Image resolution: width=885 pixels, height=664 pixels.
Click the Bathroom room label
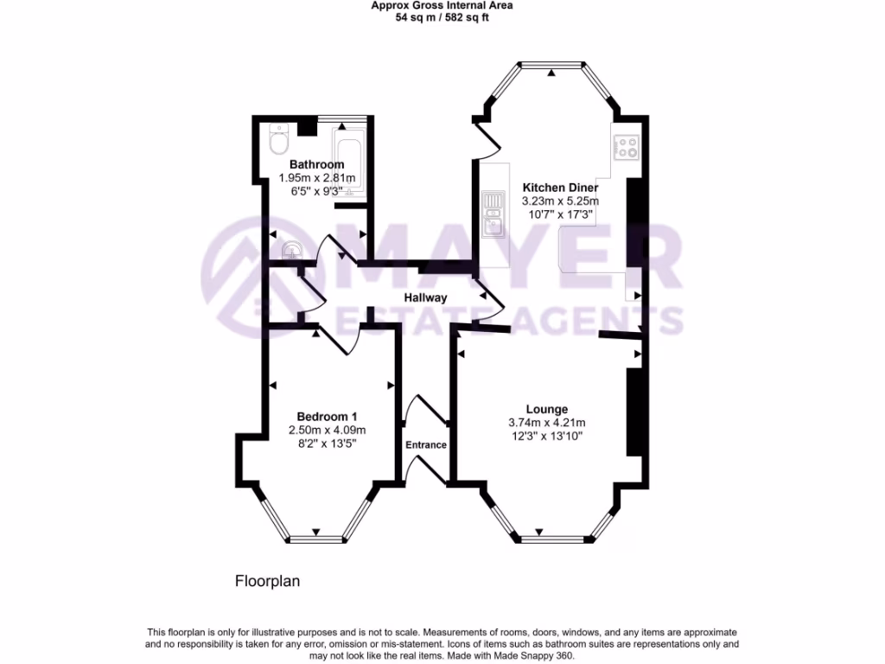pos(316,164)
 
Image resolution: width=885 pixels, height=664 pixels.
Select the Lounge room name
pos(547,409)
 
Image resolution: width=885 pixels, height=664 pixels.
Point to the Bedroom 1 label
pos(327,416)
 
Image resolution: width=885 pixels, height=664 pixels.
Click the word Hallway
pos(426,297)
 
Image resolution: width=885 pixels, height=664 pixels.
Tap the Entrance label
pos(426,445)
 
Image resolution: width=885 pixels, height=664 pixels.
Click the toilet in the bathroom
pos(278,140)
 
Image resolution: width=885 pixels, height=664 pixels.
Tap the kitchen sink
pos(493,226)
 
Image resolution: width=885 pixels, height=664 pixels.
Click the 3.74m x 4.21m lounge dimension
pos(547,423)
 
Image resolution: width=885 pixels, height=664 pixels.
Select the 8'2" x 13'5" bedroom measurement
pos(327,443)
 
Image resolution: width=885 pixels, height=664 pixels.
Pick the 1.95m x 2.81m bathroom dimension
pos(316,178)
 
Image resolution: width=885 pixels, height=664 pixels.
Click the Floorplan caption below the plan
pos(267,582)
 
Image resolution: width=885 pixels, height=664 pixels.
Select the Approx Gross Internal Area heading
pos(442,5)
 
